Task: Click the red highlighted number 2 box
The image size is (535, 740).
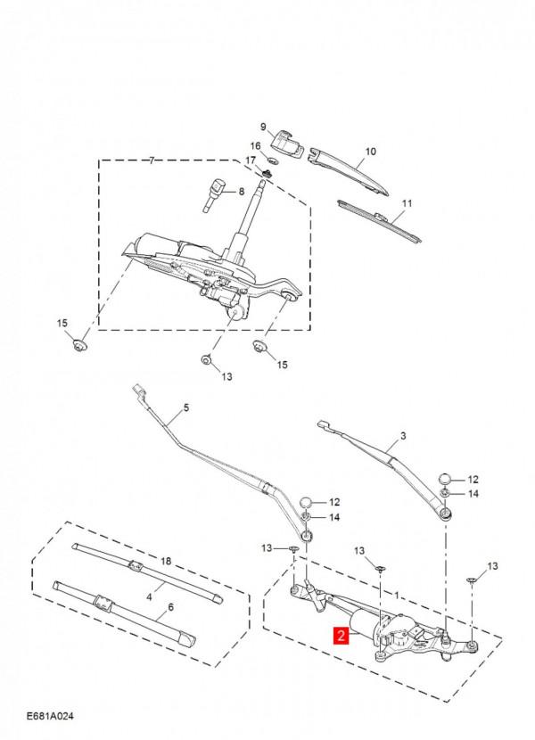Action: pyautogui.click(x=341, y=635)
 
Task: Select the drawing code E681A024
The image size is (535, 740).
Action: pyautogui.click(x=50, y=716)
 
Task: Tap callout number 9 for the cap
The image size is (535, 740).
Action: pyautogui.click(x=263, y=127)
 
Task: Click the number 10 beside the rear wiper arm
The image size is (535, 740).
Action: pyautogui.click(x=371, y=152)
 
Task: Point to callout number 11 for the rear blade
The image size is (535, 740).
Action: pyautogui.click(x=407, y=203)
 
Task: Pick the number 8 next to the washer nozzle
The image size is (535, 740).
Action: pyautogui.click(x=242, y=192)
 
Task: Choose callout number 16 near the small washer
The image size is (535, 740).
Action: pyautogui.click(x=255, y=145)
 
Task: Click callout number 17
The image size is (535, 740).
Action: pyautogui.click(x=251, y=161)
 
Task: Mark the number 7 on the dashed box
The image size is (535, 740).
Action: pyautogui.click(x=152, y=160)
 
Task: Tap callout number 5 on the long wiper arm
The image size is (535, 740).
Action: pyautogui.click(x=186, y=407)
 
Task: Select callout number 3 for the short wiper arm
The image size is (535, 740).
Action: pyautogui.click(x=403, y=436)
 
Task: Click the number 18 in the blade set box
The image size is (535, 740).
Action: pyautogui.click(x=165, y=561)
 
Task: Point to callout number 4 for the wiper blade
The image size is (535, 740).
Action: pyautogui.click(x=149, y=597)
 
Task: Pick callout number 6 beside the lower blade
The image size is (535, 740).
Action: pyautogui.click(x=170, y=607)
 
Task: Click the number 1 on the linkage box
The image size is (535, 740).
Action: pyautogui.click(x=397, y=596)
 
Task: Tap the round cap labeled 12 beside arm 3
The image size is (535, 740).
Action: pyautogui.click(x=446, y=479)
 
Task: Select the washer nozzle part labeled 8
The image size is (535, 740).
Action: pyautogui.click(x=214, y=195)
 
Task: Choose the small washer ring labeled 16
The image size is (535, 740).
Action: pyautogui.click(x=271, y=158)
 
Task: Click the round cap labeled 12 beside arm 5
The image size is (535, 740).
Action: pyautogui.click(x=307, y=502)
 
